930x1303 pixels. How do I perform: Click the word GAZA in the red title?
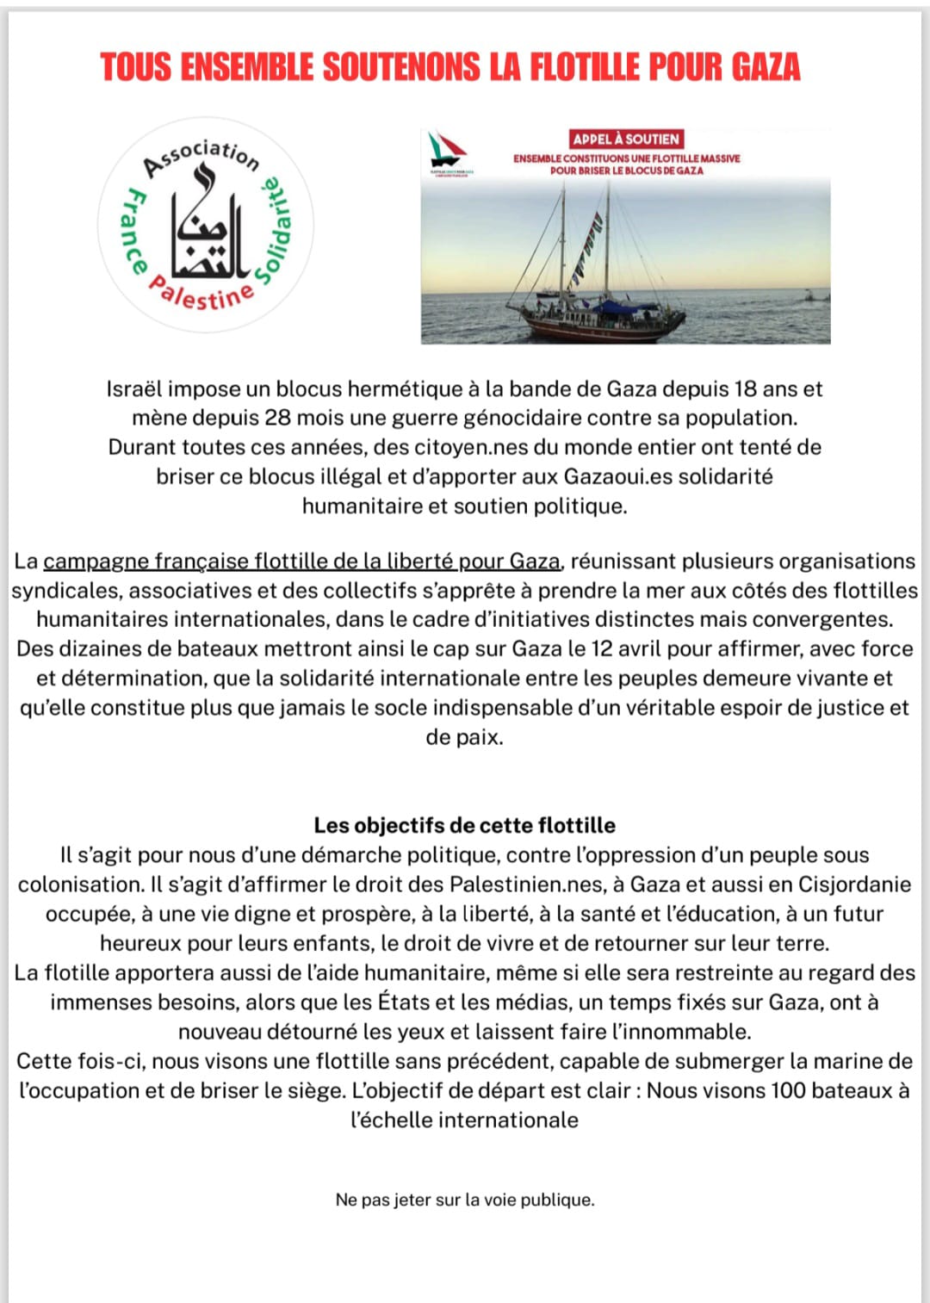click(x=766, y=67)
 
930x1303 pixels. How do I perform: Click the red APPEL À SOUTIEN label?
click(x=626, y=140)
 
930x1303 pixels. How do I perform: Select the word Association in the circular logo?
click(x=201, y=156)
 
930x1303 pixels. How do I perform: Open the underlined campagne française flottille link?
click(x=301, y=562)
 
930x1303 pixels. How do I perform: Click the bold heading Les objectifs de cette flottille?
click(x=465, y=826)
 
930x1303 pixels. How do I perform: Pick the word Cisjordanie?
click(x=854, y=884)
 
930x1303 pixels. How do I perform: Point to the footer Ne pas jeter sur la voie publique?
click(x=465, y=1200)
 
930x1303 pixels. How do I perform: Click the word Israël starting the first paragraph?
click(x=134, y=389)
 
